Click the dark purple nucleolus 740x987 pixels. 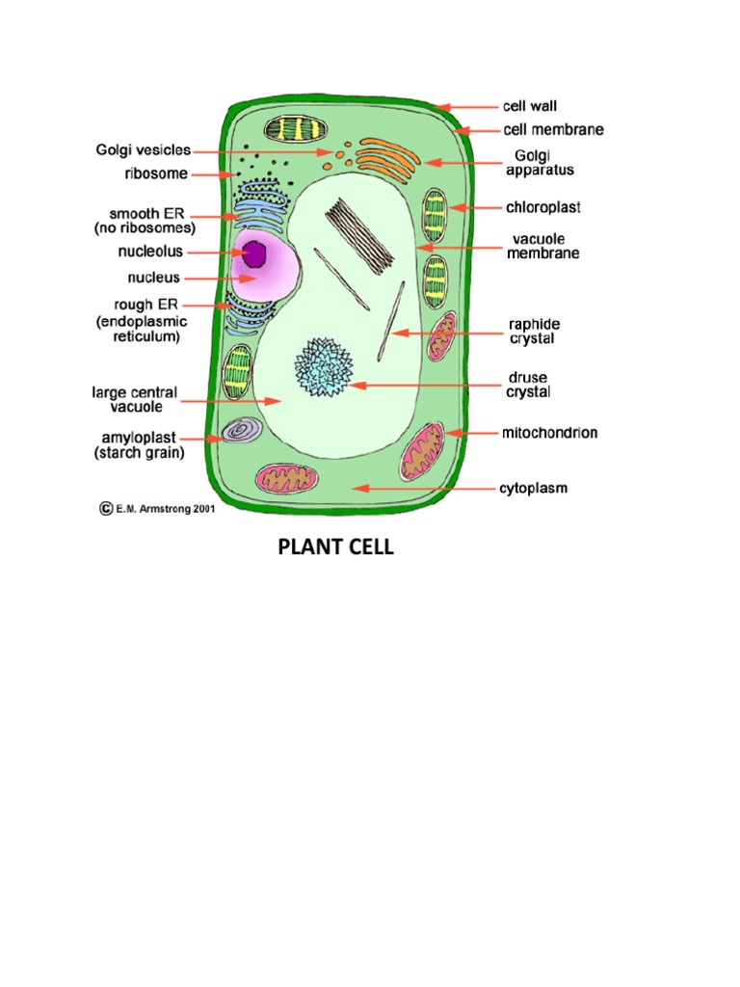click(x=255, y=254)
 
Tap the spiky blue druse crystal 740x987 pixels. click(x=323, y=367)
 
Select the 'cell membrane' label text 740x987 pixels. click(x=553, y=129)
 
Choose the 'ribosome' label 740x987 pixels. click(x=155, y=174)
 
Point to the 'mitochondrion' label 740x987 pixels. click(x=549, y=433)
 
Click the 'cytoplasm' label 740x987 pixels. click(x=533, y=489)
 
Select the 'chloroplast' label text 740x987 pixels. click(x=543, y=207)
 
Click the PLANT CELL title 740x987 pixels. click(x=335, y=548)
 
